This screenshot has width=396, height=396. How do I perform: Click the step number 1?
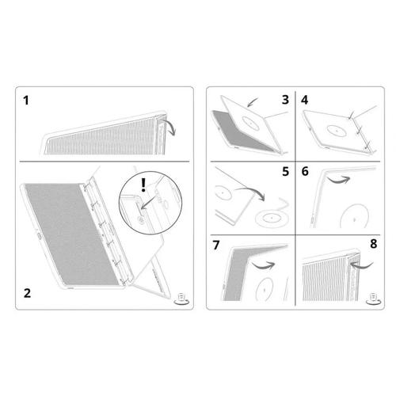coord(28,101)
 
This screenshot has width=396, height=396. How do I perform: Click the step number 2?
coord(28,293)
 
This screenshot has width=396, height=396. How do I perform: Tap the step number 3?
coord(284,101)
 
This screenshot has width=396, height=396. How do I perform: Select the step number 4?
coord(306,101)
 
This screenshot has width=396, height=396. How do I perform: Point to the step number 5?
coord(284,169)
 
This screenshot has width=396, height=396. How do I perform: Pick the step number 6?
coord(306,169)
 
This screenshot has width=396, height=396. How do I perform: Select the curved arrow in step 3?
coord(253,101)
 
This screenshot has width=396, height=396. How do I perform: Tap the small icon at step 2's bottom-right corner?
coord(181,298)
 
